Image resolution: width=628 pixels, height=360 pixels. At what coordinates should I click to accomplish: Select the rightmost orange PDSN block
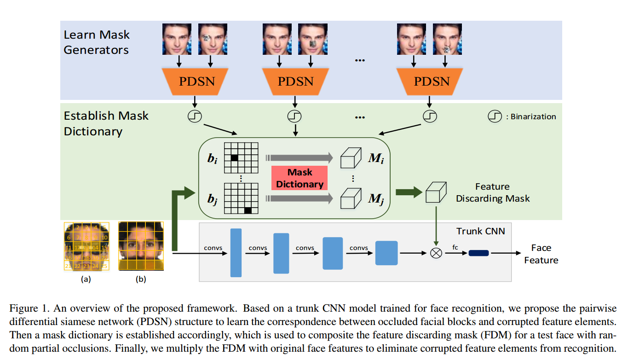pyautogui.click(x=431, y=82)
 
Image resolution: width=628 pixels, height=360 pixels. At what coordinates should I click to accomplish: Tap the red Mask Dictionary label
pyautogui.click(x=300, y=178)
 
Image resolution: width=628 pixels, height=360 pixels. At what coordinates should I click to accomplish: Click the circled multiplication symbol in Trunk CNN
pyautogui.click(x=436, y=253)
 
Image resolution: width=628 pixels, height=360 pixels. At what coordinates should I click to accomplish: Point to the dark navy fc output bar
pyautogui.click(x=478, y=253)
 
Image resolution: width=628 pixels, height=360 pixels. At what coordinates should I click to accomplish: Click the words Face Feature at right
pyautogui.click(x=541, y=254)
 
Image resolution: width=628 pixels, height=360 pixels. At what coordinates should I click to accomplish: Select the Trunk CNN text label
pyautogui.click(x=480, y=231)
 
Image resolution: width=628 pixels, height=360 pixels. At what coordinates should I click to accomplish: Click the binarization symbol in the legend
pyautogui.click(x=494, y=116)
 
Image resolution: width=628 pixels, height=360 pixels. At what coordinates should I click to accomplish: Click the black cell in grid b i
pyautogui.click(x=234, y=158)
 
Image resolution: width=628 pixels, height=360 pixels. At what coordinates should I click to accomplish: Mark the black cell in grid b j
pyautogui.click(x=248, y=210)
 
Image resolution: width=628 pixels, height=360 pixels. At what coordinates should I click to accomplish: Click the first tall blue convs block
pyautogui.click(x=236, y=253)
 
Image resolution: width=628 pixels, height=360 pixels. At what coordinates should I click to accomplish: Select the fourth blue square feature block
pyautogui.click(x=386, y=253)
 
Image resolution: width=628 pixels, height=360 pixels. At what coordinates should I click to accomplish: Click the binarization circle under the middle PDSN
pyautogui.click(x=294, y=116)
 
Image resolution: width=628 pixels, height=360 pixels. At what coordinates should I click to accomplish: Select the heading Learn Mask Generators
pyautogui.click(x=97, y=42)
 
